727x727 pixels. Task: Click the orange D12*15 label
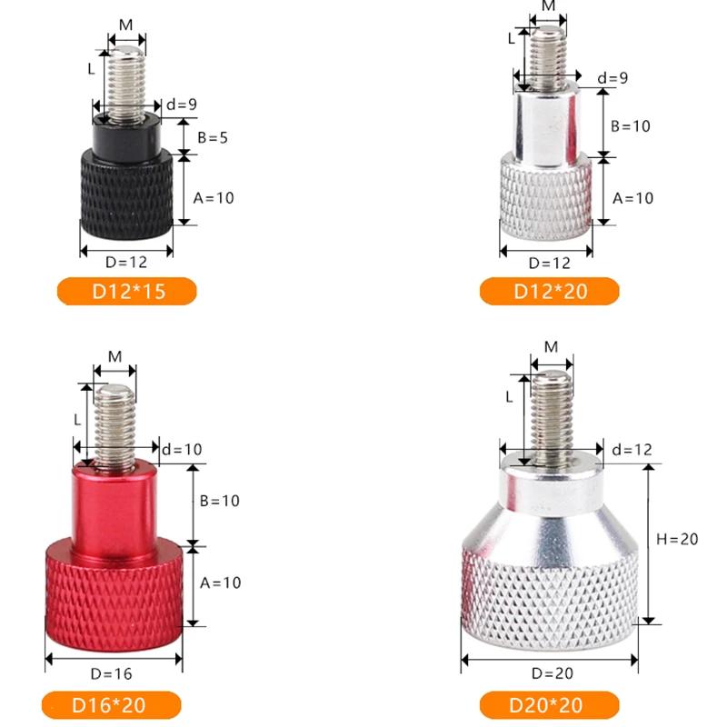click(x=127, y=291)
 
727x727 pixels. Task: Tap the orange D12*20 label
click(x=550, y=291)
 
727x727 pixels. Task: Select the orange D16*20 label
click(x=111, y=705)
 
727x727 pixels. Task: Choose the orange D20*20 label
click(x=550, y=705)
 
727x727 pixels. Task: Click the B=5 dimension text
click(x=213, y=138)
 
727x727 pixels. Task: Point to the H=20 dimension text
click(x=677, y=539)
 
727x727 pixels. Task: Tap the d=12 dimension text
click(x=632, y=449)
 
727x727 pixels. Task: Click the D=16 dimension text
click(x=111, y=673)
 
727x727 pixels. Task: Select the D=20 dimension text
click(x=553, y=673)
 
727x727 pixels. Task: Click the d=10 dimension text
click(x=182, y=449)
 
